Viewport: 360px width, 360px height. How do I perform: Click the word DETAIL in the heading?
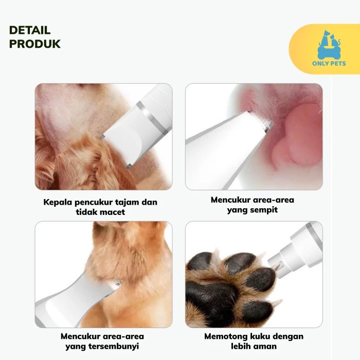click(30, 30)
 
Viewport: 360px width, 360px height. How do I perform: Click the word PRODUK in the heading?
click(35, 44)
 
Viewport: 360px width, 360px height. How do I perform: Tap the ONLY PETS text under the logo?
click(329, 64)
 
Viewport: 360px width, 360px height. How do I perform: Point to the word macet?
click(113, 212)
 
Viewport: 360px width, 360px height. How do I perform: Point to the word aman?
click(266, 347)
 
